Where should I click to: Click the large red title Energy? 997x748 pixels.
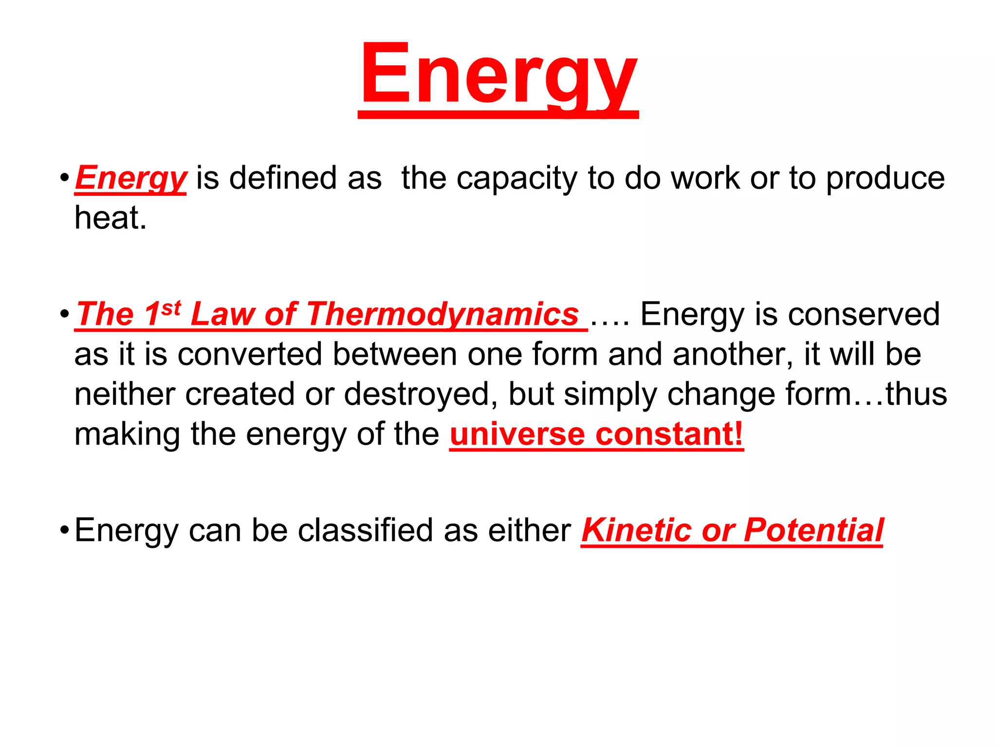pos(498,75)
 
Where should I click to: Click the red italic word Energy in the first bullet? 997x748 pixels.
pos(130,178)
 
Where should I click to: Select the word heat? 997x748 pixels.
pos(110,218)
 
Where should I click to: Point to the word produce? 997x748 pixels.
pos(885,178)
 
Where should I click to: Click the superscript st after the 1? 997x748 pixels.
pos(171,308)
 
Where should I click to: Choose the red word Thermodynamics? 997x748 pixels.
pos(443,314)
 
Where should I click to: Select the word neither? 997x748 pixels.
pos(124,394)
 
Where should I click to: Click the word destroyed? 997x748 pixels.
pos(416,394)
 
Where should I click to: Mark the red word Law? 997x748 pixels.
pos(222,314)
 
